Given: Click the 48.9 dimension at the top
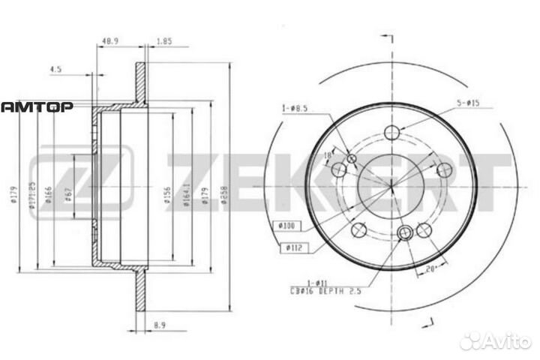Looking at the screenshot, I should click(x=111, y=43).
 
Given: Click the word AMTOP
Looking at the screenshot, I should click(x=36, y=107).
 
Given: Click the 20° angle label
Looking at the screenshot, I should click(x=430, y=268).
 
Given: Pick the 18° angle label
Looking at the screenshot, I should click(x=326, y=154).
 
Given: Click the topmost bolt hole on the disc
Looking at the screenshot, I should click(x=391, y=133).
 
